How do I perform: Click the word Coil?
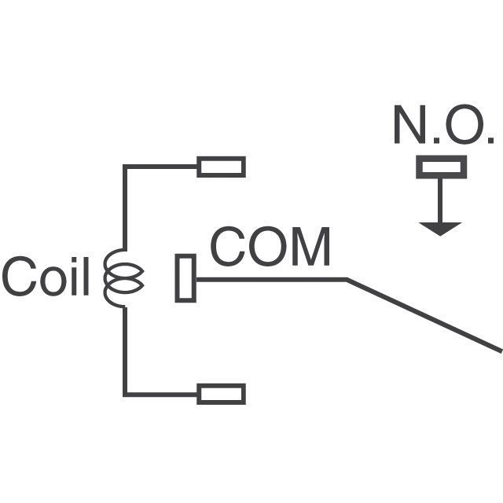pos(46,276)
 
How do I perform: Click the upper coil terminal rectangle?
pos(221,167)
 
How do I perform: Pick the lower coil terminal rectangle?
pos(221,393)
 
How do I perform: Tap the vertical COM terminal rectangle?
pos(185,278)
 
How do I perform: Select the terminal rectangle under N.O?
pos(441,167)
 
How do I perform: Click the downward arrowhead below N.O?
pos(440,228)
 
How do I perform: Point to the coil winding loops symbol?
pos(123,277)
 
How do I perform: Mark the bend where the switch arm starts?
pos(347,279)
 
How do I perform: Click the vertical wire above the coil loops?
pos(124,208)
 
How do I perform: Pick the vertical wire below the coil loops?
pos(124,350)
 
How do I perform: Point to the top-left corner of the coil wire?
pos(124,167)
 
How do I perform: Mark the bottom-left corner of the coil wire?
pos(124,393)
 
